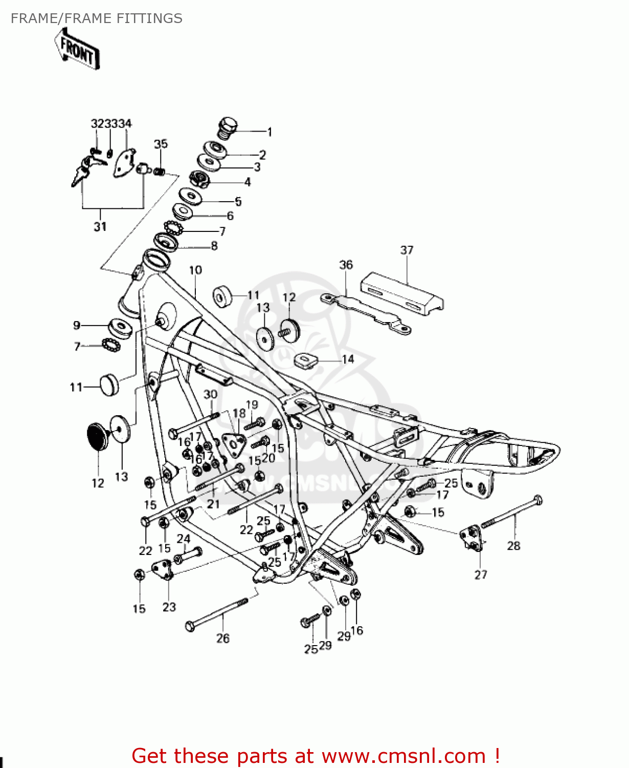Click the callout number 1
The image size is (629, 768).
click(x=269, y=132)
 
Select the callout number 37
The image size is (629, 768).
click(x=407, y=250)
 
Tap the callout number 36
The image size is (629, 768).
click(x=346, y=265)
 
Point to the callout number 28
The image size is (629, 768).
click(x=513, y=546)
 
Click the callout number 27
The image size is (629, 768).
click(x=481, y=574)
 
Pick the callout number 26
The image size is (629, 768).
click(x=223, y=638)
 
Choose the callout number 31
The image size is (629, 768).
click(x=100, y=226)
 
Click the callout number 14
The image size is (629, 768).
click(x=348, y=359)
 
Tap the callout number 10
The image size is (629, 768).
click(x=195, y=270)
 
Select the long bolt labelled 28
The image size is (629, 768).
click(x=511, y=511)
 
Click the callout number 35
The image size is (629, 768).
click(x=161, y=144)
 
